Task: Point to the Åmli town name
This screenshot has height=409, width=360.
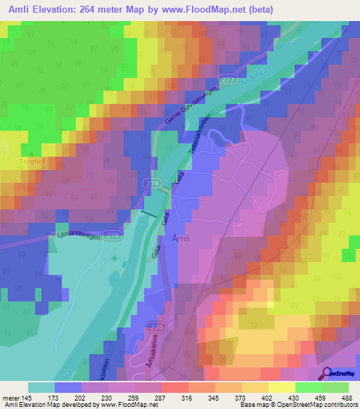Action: [x=180, y=238]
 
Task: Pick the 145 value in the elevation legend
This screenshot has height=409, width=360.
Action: [x=26, y=398]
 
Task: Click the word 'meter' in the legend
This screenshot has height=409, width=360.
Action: [x=11, y=398]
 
